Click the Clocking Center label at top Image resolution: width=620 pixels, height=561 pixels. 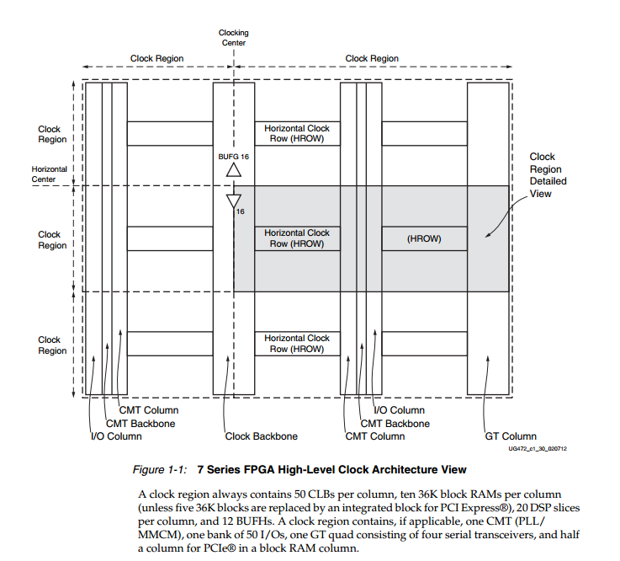click(234, 38)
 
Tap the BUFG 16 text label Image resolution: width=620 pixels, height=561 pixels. click(234, 157)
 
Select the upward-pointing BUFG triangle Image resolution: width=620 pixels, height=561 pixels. click(234, 170)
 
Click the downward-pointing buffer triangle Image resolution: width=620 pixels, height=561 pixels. click(234, 201)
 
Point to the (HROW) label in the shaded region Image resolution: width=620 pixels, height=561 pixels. click(423, 239)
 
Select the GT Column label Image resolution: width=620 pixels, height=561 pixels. click(511, 436)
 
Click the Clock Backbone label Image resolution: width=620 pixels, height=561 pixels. click(262, 436)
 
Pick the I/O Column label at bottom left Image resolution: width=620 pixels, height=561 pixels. click(116, 436)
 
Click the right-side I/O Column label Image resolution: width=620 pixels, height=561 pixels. click(399, 410)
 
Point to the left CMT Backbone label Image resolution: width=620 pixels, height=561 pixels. click(140, 424)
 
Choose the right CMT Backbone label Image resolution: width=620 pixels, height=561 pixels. click(395, 424)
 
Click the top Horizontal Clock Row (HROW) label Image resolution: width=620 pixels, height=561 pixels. click(297, 133)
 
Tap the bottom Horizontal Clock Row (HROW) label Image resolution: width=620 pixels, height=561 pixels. click(297, 344)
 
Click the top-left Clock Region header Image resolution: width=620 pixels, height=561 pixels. click(156, 59)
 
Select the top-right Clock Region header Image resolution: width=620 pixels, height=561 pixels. click(372, 59)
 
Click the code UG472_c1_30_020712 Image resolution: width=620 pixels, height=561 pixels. click(537, 450)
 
